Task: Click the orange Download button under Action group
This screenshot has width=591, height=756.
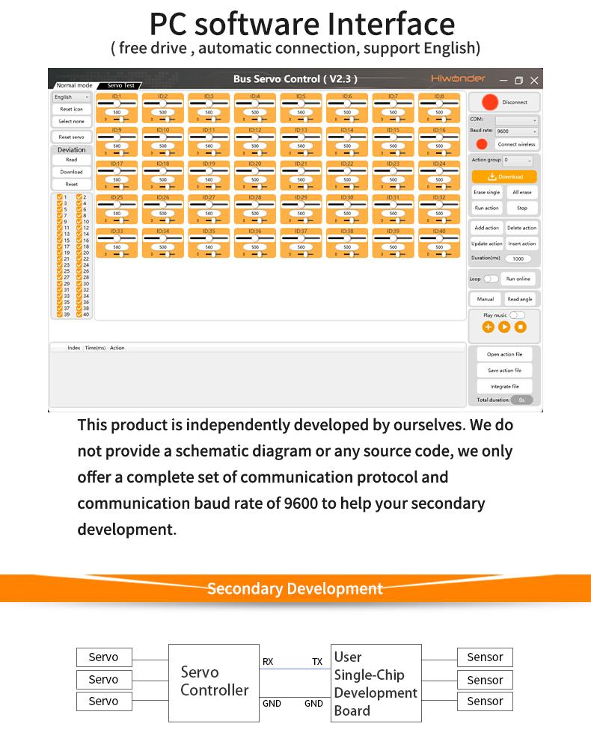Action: tap(504, 176)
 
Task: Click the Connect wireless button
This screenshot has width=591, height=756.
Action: tap(516, 144)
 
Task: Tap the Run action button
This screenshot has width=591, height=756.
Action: tap(486, 208)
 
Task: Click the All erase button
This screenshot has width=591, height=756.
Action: tap(521, 192)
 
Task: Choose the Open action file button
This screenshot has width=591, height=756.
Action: tap(504, 354)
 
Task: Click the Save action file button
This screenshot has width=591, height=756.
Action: tap(504, 371)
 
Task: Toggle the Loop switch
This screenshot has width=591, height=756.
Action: tap(491, 279)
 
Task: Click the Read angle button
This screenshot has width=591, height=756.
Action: tap(520, 299)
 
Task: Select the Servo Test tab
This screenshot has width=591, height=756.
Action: tap(120, 86)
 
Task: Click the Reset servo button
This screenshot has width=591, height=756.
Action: tap(71, 137)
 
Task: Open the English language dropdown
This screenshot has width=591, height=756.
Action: tap(71, 97)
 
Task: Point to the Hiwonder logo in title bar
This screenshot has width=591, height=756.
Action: tap(458, 78)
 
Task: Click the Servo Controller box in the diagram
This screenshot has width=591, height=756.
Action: tap(214, 682)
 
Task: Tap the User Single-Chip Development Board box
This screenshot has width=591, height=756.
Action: tap(376, 683)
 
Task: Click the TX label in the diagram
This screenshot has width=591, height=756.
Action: tap(317, 662)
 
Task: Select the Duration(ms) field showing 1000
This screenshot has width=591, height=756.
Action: tap(518, 258)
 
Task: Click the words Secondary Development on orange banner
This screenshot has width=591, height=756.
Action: tap(295, 589)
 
